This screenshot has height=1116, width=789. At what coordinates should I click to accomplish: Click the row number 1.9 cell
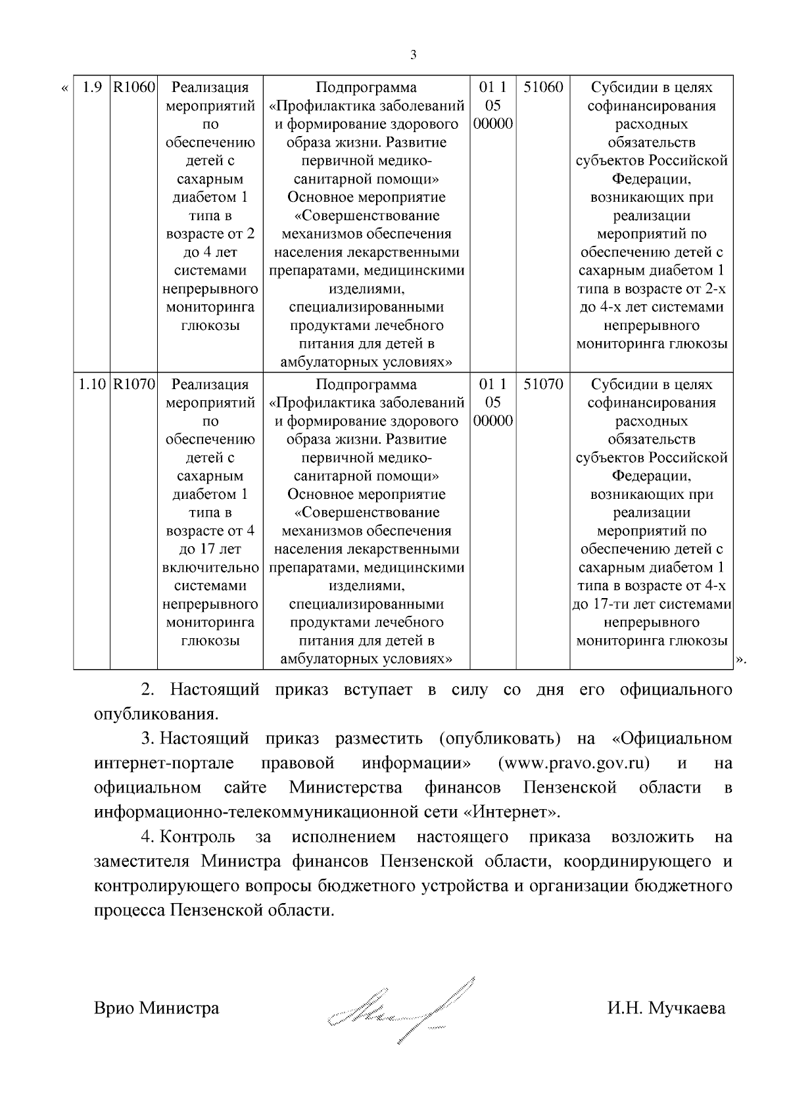point(91,87)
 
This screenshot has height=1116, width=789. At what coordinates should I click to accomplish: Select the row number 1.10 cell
point(91,384)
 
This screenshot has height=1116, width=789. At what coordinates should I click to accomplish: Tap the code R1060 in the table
point(133,87)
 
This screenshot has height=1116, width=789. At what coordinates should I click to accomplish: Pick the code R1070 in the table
point(133,384)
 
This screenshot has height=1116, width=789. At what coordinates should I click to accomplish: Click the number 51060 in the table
point(543,87)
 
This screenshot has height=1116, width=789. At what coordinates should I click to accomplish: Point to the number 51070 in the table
point(543,384)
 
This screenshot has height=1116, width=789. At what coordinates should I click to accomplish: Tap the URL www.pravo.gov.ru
point(574,763)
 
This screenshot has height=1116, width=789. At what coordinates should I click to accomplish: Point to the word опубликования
point(155,714)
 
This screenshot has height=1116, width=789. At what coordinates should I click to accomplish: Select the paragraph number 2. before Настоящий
point(148,689)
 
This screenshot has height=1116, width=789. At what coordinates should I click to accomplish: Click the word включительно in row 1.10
point(210,567)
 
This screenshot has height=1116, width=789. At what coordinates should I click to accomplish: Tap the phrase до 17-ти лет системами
point(652,604)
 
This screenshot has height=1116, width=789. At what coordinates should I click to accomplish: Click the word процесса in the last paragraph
point(130,911)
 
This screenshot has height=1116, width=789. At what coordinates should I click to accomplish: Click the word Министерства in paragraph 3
point(346,787)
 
